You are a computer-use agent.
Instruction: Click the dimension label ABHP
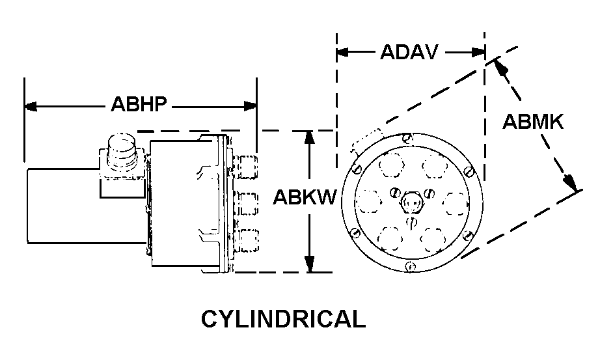(139, 105)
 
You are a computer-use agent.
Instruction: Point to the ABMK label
(534, 122)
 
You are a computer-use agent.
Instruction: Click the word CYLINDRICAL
(283, 320)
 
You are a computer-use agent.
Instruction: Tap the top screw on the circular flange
(407, 138)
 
